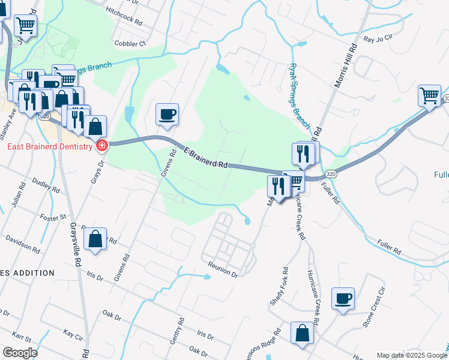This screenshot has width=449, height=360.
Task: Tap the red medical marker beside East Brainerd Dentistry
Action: (x=101, y=145)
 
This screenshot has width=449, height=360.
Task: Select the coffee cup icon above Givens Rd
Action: (x=167, y=113)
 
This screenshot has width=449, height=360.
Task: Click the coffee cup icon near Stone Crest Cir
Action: (x=343, y=298)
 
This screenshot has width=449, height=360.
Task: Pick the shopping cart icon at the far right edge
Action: (x=430, y=95)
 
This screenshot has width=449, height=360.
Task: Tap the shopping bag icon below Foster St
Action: (x=95, y=239)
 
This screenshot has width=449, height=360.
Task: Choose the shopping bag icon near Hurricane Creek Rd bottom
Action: (x=302, y=333)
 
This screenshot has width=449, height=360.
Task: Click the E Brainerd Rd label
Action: (x=205, y=158)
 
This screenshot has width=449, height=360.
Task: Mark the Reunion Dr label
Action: (x=223, y=269)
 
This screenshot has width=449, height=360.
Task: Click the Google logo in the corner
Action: (x=20, y=353)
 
